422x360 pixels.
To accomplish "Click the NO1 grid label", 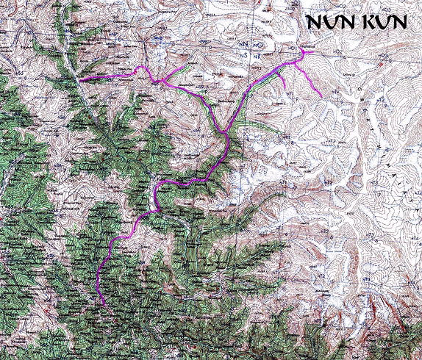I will coord(293,49).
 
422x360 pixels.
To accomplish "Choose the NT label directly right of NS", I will coord(257,55).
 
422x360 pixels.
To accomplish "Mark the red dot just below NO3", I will coord(380,65).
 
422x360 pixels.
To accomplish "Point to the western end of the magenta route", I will coord(79,79).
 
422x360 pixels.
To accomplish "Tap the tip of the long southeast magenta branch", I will coord(321,96).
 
